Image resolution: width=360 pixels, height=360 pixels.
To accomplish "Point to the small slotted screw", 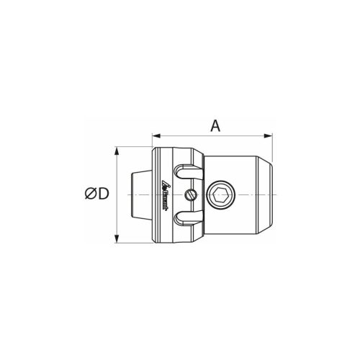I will click(x=191, y=194).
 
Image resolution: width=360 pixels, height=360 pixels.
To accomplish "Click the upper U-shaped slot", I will click(x=188, y=172).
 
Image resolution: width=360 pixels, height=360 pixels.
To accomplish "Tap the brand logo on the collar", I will click(x=165, y=194).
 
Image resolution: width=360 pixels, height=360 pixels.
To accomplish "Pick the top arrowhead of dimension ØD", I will click(x=117, y=150).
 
